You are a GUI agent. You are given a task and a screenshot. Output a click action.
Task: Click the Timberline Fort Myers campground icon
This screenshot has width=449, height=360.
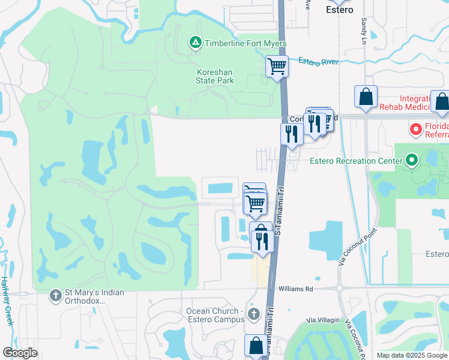[x=195, y=43]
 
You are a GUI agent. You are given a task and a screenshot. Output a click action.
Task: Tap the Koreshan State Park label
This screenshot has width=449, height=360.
[x=215, y=76]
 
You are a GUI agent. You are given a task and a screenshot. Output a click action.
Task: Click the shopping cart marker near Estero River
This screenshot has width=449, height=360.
[x=277, y=66]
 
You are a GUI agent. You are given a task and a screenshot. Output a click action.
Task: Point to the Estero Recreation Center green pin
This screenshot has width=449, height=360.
[x=411, y=160]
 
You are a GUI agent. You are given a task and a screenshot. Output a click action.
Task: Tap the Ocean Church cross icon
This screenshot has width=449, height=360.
[x=253, y=314]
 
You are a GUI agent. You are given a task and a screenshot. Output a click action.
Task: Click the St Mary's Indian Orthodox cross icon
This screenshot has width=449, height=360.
[x=55, y=295]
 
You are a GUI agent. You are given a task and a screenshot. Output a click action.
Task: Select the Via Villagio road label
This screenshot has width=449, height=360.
[x=324, y=320]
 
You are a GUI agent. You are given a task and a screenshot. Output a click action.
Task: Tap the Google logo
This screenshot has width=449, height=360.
[x=20, y=352]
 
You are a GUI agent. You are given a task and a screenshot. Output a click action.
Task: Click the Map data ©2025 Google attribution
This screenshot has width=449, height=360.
[x=411, y=355]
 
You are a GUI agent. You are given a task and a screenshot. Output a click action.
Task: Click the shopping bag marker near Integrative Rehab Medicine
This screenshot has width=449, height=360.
[x=366, y=97]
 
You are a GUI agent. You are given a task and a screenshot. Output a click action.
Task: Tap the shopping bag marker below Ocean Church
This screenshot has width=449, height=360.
[x=255, y=346]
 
